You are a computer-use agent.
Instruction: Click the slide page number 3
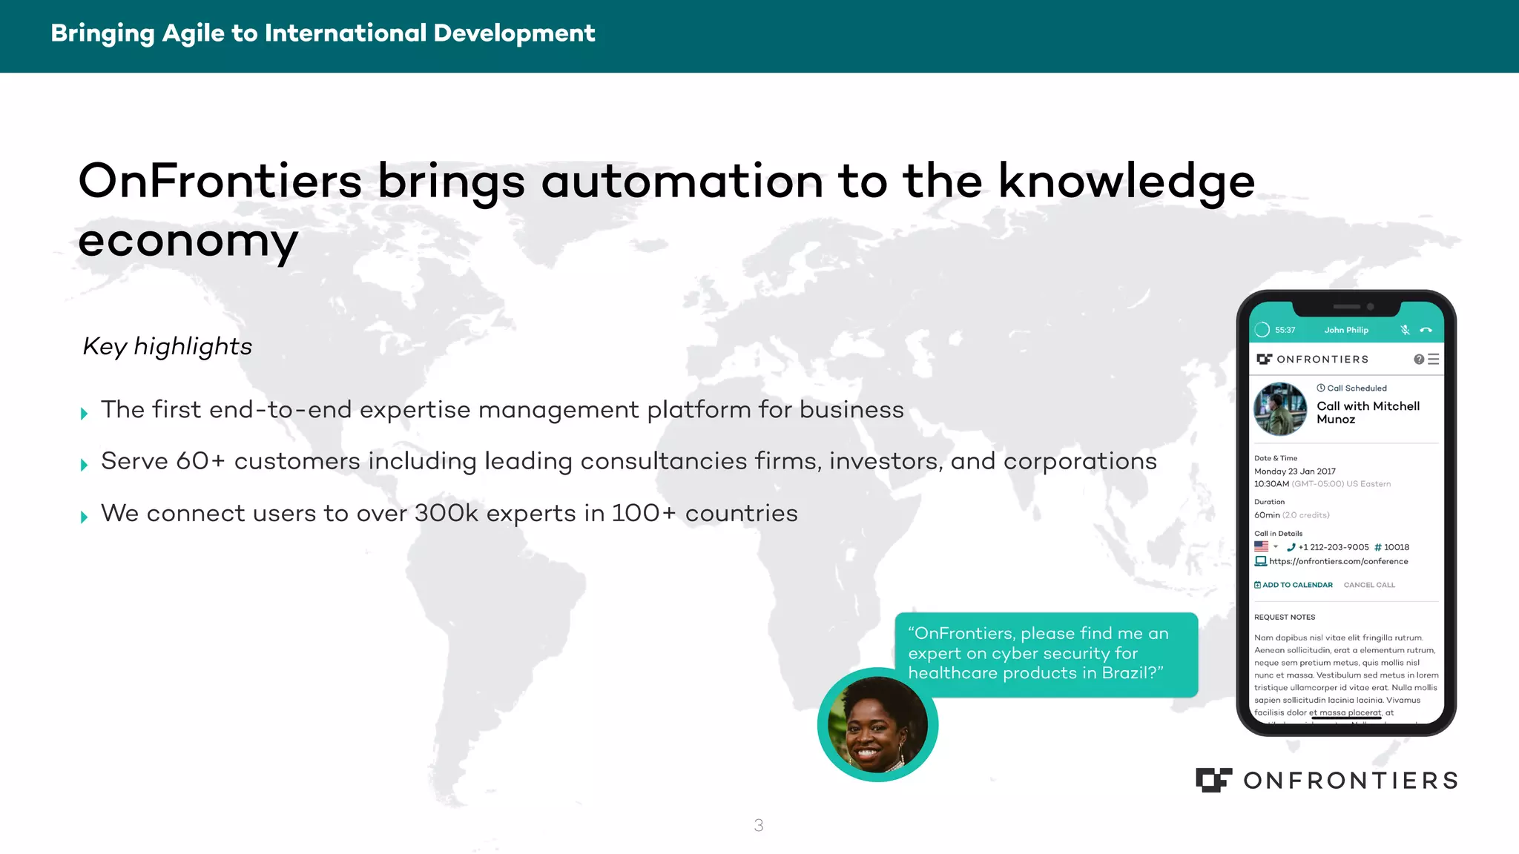(758, 825)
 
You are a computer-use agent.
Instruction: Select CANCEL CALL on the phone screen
(1369, 585)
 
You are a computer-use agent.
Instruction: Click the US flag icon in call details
(1261, 546)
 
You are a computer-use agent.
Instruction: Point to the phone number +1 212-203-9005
(1333, 547)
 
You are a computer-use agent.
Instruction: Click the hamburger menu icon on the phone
(1433, 359)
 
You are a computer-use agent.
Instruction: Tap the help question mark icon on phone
(1419, 359)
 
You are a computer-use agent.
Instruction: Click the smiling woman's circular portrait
(877, 725)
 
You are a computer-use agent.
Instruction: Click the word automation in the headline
(682, 182)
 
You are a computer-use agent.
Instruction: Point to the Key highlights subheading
(168, 346)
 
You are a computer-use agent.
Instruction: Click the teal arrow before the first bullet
(84, 414)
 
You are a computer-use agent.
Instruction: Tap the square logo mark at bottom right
(1213, 780)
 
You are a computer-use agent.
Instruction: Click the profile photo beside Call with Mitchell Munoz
(1280, 409)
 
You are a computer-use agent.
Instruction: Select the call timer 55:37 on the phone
(1285, 330)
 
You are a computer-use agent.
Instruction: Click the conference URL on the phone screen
(1338, 561)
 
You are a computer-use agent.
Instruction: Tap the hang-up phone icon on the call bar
(1426, 330)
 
